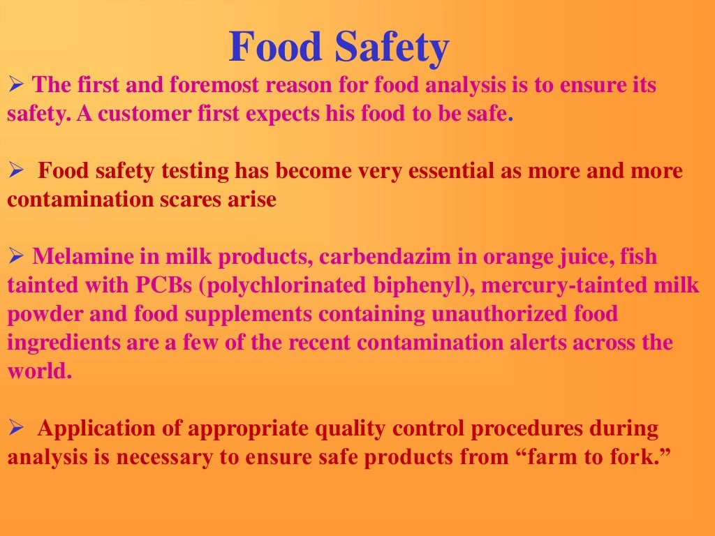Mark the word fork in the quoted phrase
coord(635,457)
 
